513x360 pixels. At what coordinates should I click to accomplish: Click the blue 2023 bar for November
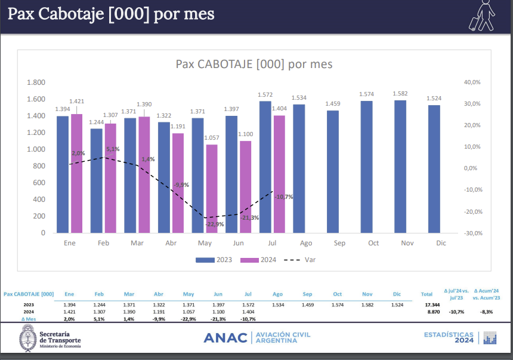click(400, 167)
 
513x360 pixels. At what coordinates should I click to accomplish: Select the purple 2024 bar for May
click(212, 189)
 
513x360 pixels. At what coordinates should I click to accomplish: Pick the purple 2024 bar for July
click(279, 174)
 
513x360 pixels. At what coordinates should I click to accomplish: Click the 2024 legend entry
click(258, 260)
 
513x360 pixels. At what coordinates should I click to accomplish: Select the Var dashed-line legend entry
click(299, 260)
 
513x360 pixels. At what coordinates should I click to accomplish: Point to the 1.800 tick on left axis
click(36, 82)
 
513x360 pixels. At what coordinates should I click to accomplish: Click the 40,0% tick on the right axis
click(472, 82)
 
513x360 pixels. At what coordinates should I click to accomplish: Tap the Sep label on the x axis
click(339, 244)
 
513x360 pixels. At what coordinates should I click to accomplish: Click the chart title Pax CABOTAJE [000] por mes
click(254, 64)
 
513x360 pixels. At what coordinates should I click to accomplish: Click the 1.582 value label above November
click(400, 94)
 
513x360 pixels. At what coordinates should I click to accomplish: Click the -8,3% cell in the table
click(486, 312)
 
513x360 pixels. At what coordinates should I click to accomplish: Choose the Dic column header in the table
click(397, 294)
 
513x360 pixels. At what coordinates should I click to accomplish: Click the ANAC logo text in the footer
click(225, 338)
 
